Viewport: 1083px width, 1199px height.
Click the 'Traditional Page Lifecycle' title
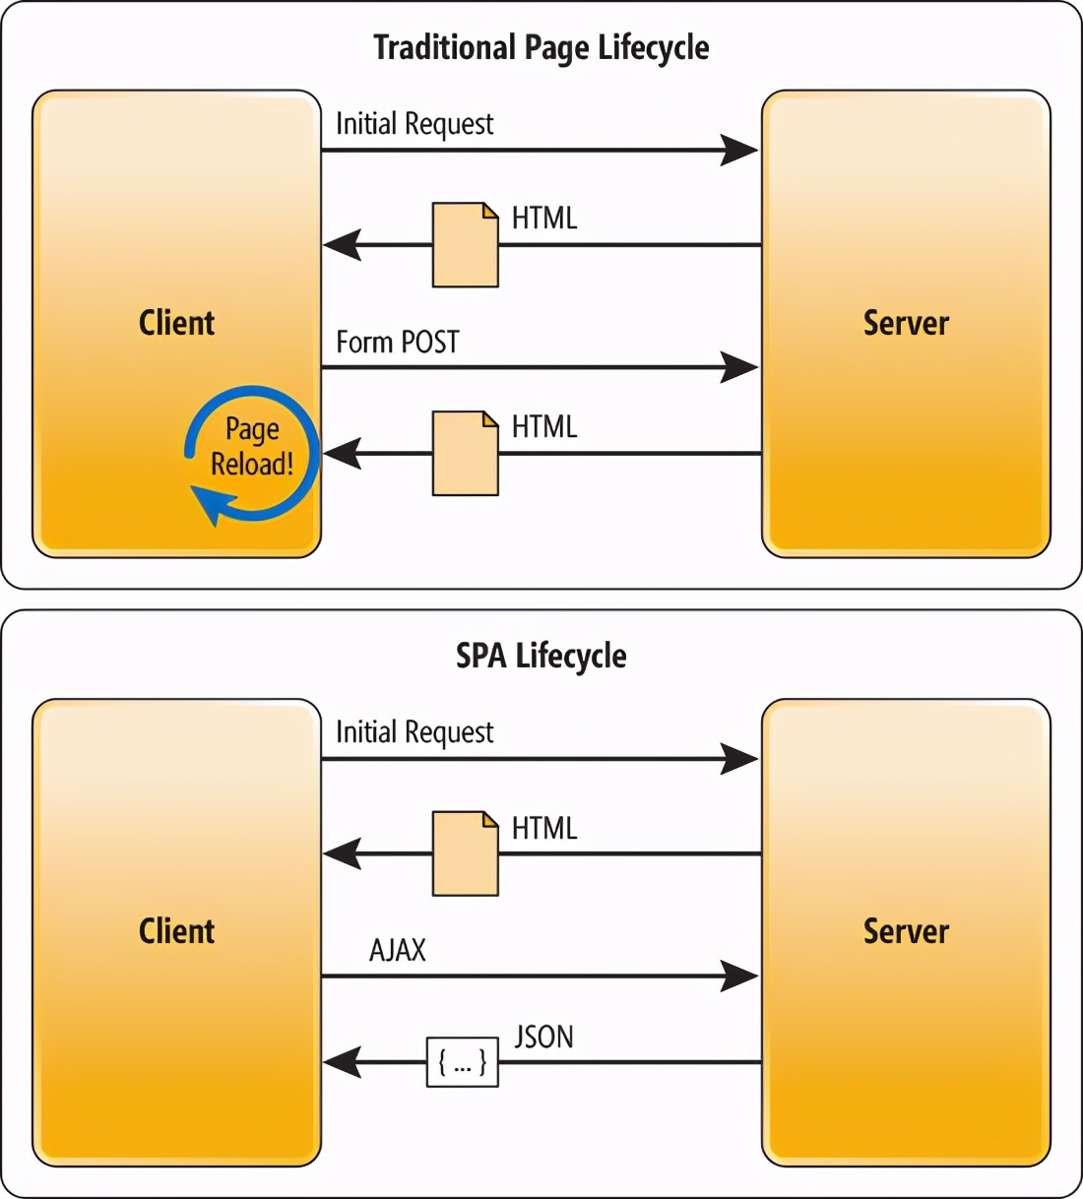pos(541,47)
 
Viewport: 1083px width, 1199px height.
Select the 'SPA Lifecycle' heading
pos(541,656)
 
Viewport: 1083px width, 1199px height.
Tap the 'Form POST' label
pos(398,342)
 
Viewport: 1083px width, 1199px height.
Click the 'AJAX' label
pos(398,950)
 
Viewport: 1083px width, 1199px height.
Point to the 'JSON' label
pos(543,1037)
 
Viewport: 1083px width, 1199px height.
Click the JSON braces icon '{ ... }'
pos(462,1062)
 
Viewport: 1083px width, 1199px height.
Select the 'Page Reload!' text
pos(252,446)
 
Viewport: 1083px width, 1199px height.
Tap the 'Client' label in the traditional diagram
pos(176,323)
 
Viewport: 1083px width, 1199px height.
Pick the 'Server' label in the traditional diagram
pos(906,323)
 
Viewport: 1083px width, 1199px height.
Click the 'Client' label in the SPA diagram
pos(176,931)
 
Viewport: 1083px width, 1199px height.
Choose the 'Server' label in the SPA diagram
pos(906,931)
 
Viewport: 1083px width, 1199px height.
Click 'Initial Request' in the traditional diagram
pos(414,124)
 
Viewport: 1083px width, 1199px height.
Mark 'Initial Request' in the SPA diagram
pos(414,732)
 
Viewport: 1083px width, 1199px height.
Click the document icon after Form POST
pos(465,453)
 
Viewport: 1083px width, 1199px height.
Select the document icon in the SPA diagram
pos(465,853)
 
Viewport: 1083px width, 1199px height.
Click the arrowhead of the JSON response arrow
pos(342,1062)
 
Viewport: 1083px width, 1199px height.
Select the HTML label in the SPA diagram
pos(543,828)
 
